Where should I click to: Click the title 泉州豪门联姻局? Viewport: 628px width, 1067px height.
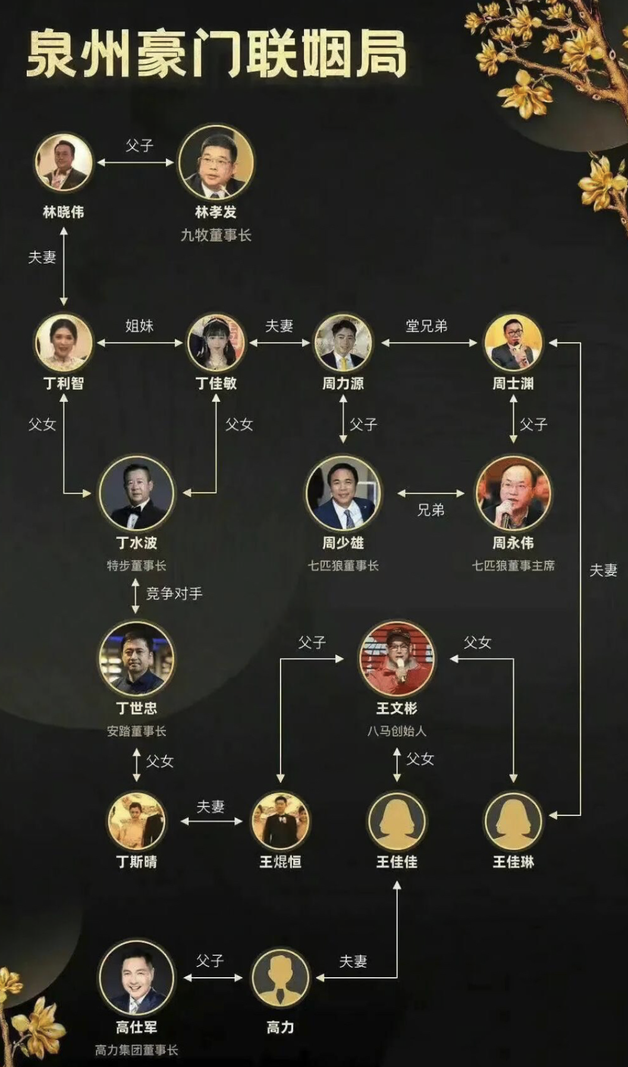click(x=216, y=55)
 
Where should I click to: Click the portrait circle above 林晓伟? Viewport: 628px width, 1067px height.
click(x=64, y=162)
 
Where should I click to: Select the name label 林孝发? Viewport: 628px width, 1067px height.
click(x=216, y=212)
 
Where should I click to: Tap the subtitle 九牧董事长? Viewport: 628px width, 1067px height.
click(x=216, y=235)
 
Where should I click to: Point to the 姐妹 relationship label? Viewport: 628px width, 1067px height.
click(x=140, y=325)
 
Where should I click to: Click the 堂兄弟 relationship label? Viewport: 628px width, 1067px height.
click(x=426, y=325)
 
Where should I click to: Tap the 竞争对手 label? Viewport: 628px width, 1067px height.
click(x=174, y=593)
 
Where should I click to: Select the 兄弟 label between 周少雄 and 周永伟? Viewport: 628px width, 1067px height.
click(x=431, y=510)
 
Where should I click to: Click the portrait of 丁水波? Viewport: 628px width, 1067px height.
click(x=136, y=493)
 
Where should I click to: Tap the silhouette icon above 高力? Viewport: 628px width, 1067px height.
click(x=280, y=977)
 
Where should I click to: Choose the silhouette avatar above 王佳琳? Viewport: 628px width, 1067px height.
click(x=513, y=821)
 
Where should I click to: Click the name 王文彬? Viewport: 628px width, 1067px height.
click(x=397, y=708)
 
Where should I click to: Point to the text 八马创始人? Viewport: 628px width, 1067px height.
click(x=397, y=731)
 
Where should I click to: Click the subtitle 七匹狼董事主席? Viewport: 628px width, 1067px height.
click(x=513, y=566)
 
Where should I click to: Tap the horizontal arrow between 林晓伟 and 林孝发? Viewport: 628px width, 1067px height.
click(x=136, y=162)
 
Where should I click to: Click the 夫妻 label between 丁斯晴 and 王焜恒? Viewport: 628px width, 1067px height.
click(x=211, y=806)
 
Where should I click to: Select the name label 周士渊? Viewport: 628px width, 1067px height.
click(x=513, y=384)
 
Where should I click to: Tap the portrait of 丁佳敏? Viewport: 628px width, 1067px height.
click(x=216, y=343)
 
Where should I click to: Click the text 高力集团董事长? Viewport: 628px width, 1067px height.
click(x=136, y=1050)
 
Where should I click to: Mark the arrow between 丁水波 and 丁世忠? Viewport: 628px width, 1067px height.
click(x=136, y=596)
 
